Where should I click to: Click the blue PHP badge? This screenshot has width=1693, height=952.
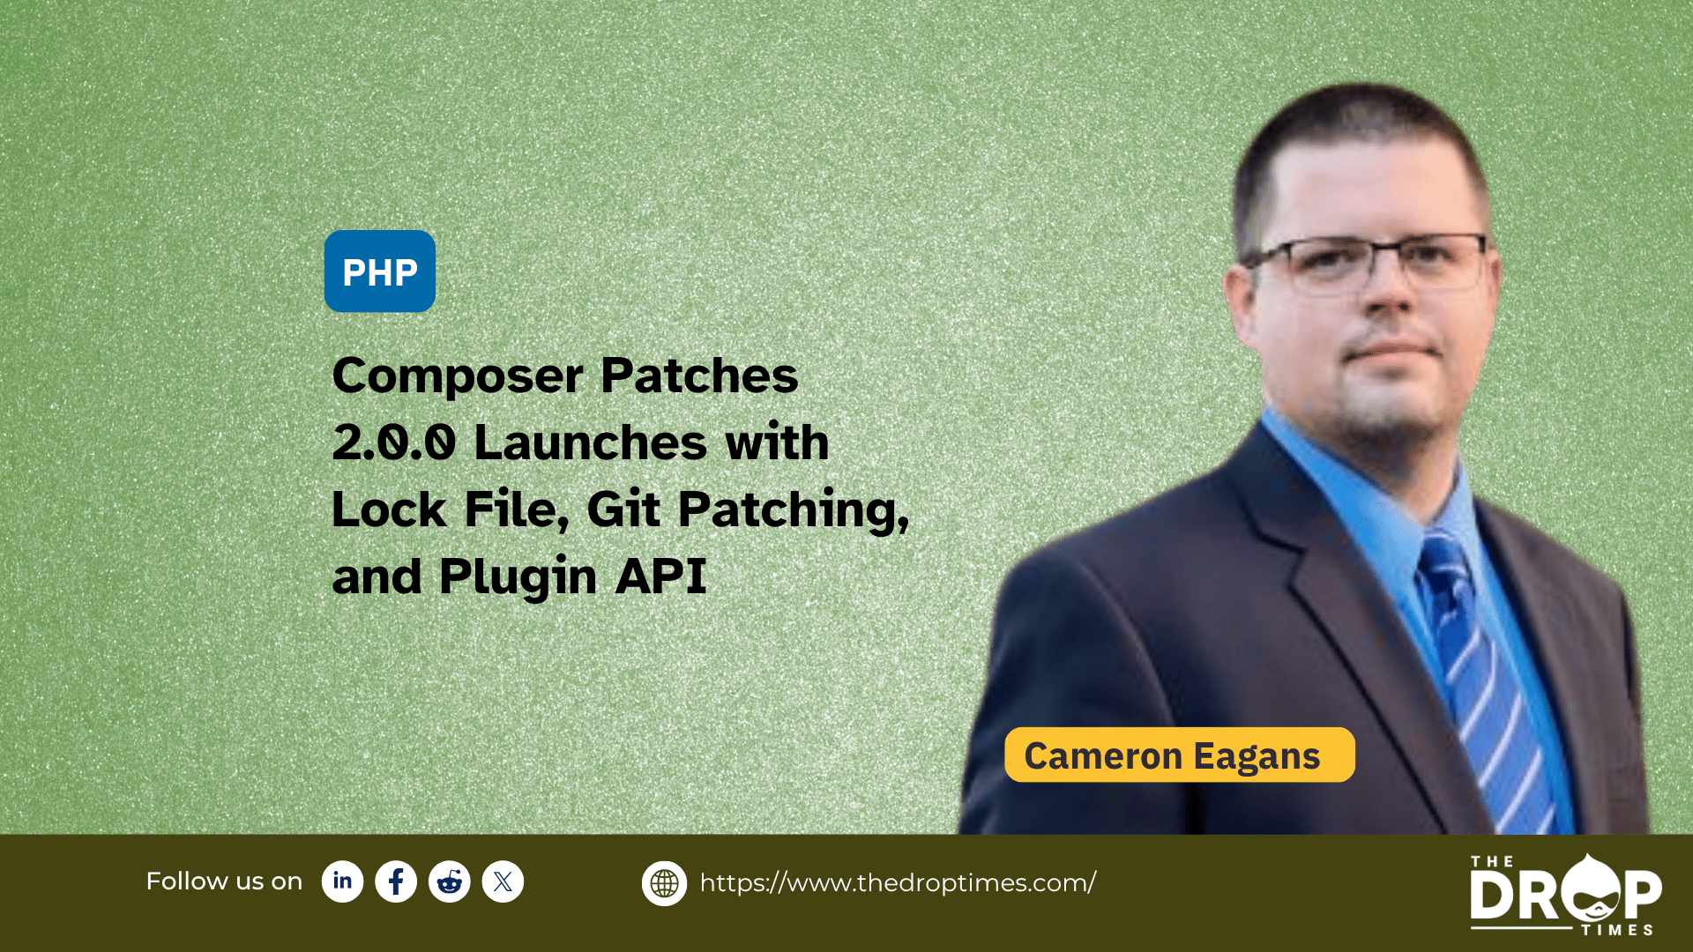click(x=380, y=271)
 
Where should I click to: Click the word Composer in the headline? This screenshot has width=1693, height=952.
click(x=458, y=377)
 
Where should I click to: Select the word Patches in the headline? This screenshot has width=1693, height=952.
click(x=699, y=376)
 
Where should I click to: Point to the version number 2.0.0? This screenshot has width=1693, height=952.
click(x=394, y=443)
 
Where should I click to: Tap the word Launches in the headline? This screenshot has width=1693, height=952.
click(x=591, y=442)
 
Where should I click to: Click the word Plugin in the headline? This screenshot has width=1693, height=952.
click(x=518, y=577)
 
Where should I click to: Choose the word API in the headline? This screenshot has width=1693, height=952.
click(x=661, y=576)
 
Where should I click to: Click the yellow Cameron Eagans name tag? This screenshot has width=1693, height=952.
click(x=1180, y=755)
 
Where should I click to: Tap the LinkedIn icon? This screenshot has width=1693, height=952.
click(x=343, y=881)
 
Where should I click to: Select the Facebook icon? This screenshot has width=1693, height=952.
click(x=396, y=881)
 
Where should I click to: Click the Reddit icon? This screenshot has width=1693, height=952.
click(x=450, y=881)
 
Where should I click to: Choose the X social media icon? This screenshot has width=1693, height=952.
click(x=503, y=881)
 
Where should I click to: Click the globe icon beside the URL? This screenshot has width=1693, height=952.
click(x=664, y=883)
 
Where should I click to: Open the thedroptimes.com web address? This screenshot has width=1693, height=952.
click(x=898, y=883)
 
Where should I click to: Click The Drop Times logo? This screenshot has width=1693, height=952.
click(x=1566, y=894)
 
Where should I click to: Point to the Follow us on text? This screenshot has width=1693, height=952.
click(x=224, y=881)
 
